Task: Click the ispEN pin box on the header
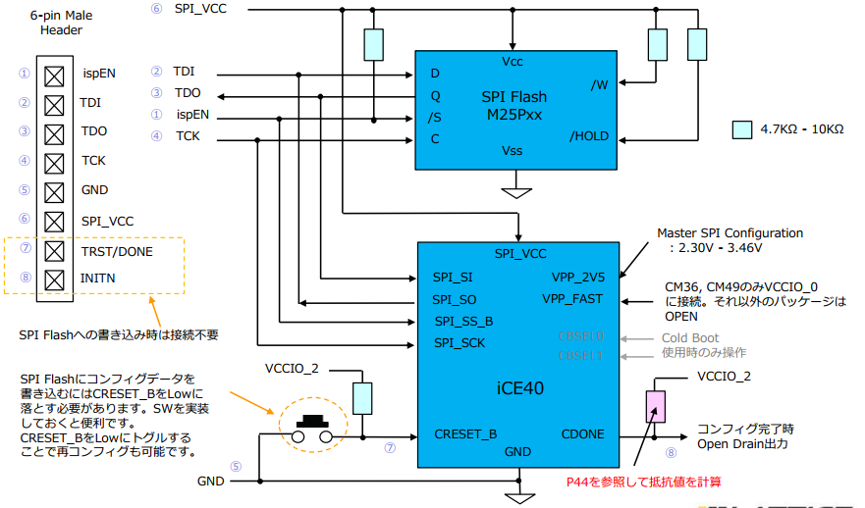(55, 74)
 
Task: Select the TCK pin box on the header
(55, 161)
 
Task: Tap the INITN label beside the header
(99, 279)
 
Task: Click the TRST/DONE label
(117, 252)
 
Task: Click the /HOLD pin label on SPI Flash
(589, 136)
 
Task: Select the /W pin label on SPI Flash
(599, 85)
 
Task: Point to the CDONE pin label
(583, 434)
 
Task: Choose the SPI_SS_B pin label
(462, 321)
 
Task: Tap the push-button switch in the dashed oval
(314, 427)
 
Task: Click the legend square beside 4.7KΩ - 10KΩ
(742, 129)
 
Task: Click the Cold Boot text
(691, 337)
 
